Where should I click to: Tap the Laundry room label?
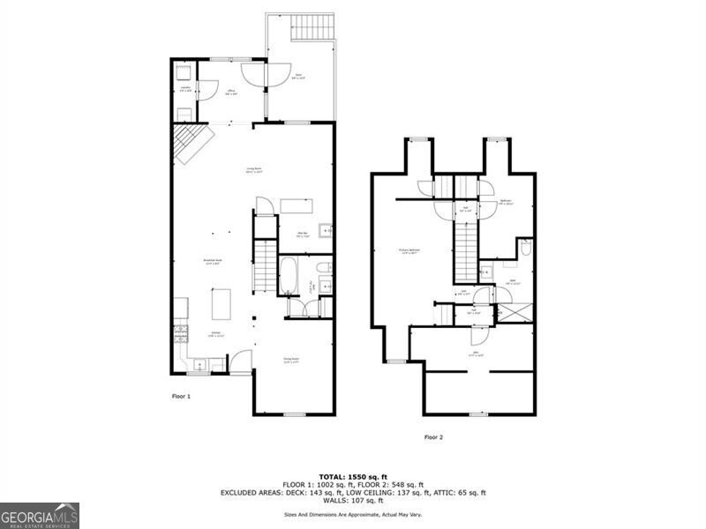186,87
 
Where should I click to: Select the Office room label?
230,93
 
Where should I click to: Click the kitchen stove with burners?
181,334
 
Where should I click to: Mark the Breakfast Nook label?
212,262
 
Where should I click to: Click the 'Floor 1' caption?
181,397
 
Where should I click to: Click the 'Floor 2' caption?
433,436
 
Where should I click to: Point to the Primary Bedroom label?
409,251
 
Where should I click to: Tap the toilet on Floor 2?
526,250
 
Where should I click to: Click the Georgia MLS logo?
40,515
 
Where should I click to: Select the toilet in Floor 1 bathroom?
324,268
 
